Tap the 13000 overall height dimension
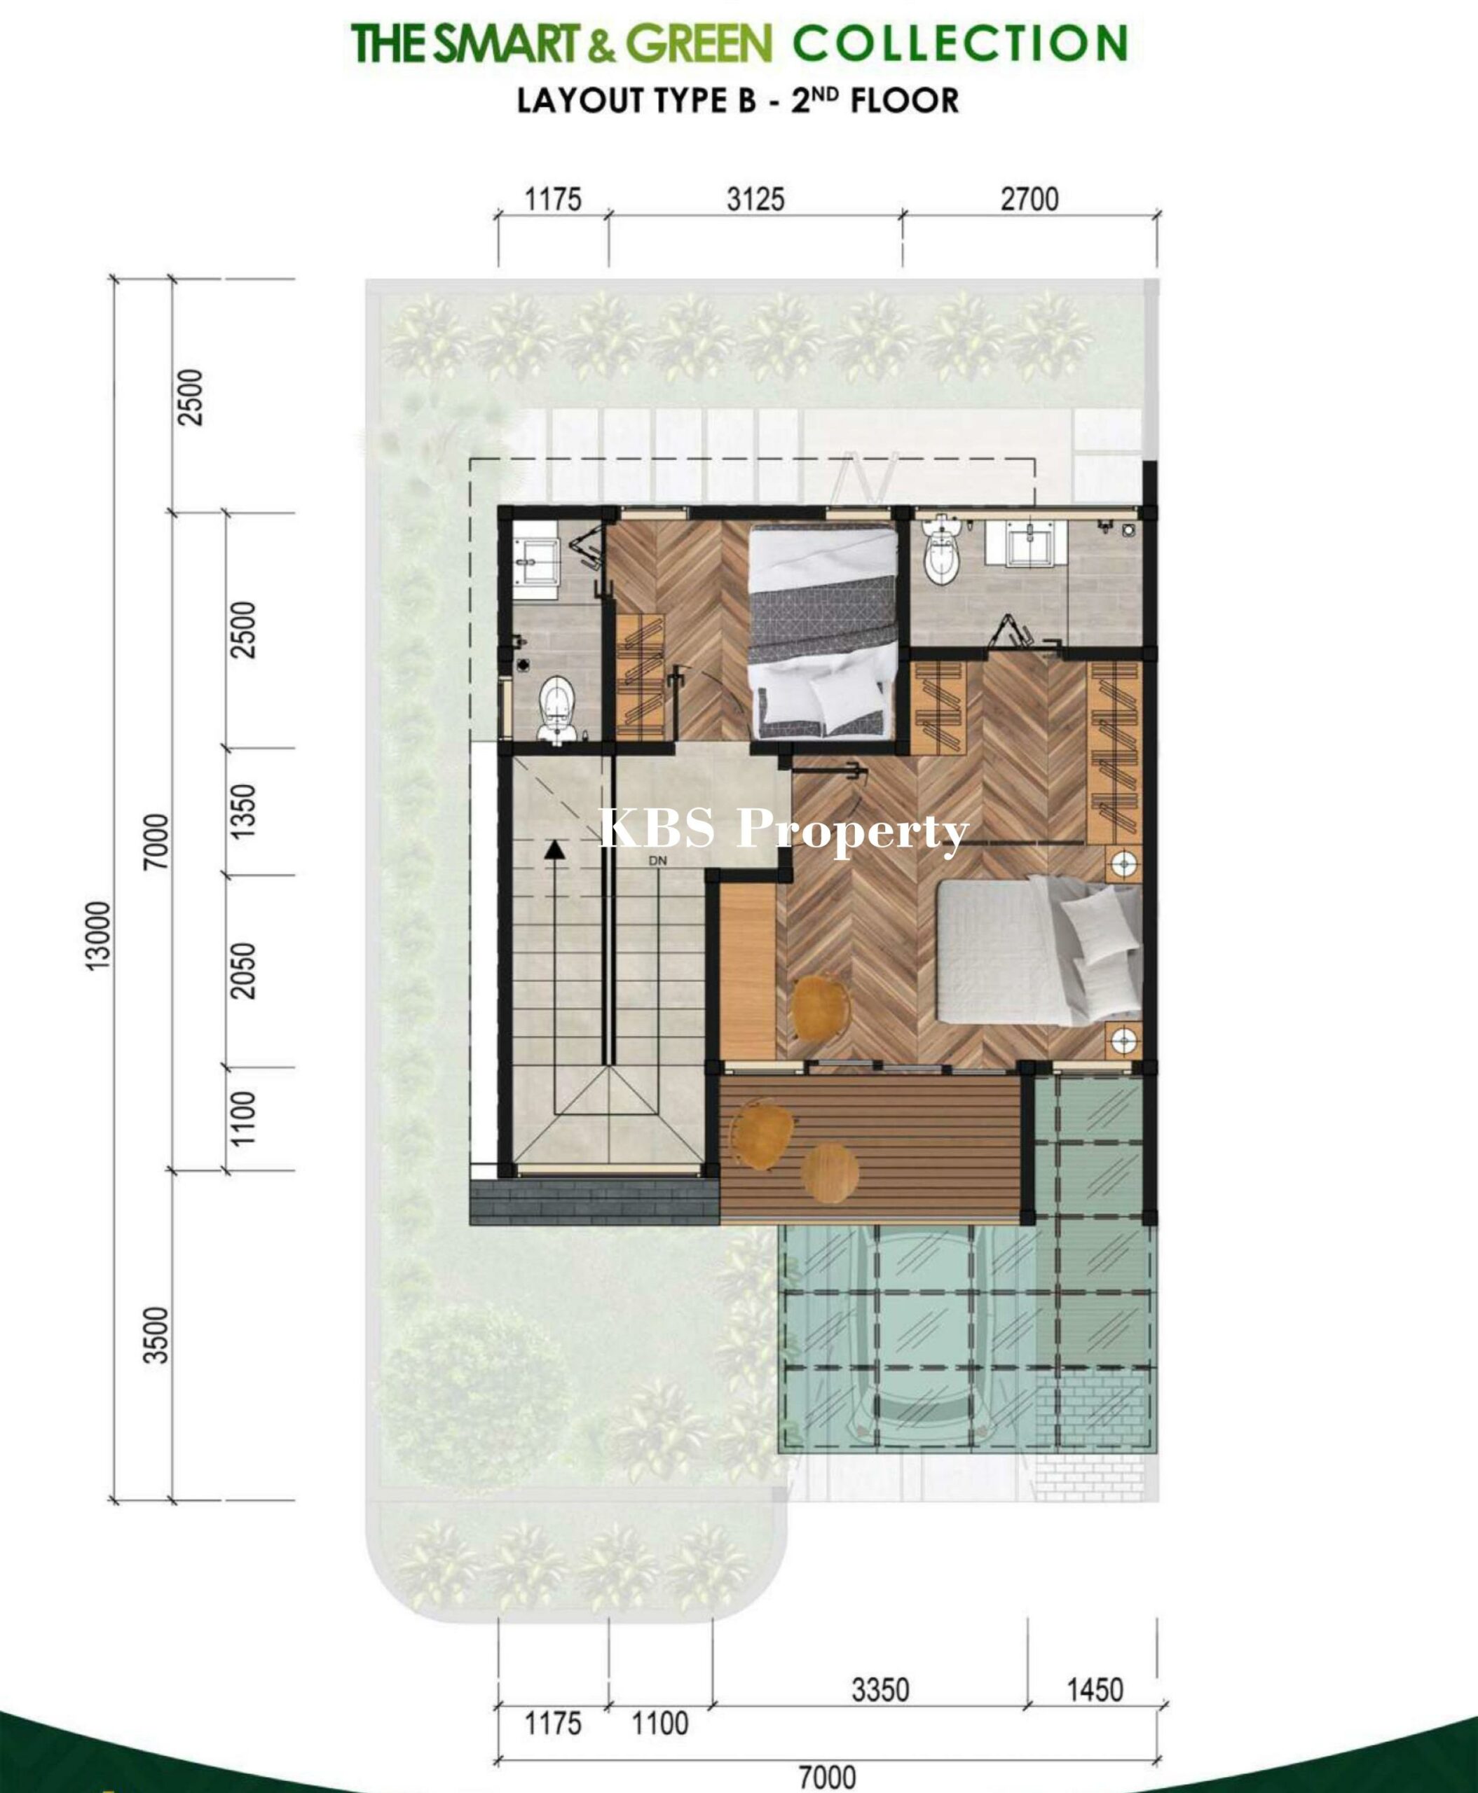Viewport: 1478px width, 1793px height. point(99,934)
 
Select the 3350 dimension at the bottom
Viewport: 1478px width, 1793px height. point(880,1689)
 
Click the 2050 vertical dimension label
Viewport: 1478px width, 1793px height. point(243,971)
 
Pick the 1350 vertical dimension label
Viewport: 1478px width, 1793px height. point(243,811)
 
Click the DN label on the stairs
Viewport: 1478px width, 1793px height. point(657,860)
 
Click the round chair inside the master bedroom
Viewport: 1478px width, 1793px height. point(821,1008)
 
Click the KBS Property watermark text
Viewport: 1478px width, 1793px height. point(784,830)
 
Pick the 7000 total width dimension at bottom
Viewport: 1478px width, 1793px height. point(828,1777)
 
